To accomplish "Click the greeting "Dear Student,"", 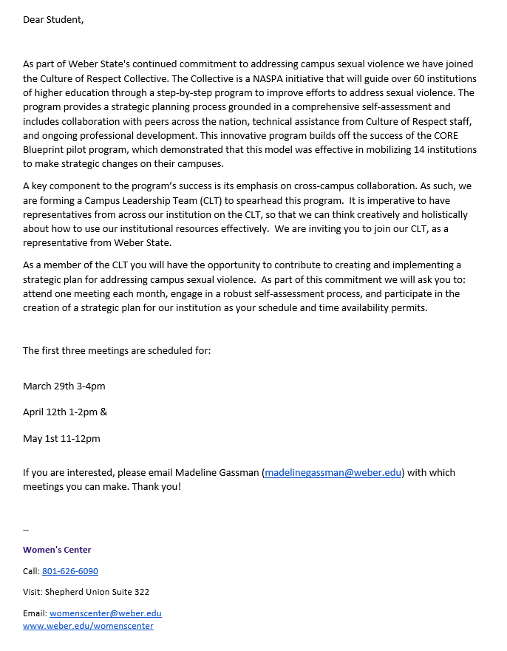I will coord(53,20).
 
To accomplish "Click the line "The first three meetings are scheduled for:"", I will coord(117,350).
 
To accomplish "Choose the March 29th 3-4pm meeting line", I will coord(64,386).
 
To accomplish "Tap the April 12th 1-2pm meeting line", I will coord(65,412).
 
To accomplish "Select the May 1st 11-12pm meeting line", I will coord(61,439).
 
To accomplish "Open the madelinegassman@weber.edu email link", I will coord(333,473).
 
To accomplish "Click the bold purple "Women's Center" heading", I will coord(57,550).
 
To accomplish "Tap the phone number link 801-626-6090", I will coord(70,571).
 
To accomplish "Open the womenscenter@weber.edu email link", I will coord(106,613).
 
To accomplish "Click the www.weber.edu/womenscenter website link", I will coord(89,626).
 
